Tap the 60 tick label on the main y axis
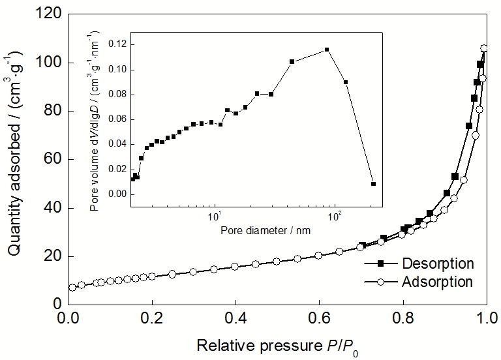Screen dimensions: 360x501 click(53, 159)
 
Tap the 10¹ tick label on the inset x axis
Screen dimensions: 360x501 click(215, 216)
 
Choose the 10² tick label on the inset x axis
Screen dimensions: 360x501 click(335, 216)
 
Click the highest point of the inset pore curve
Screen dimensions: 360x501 click(327, 50)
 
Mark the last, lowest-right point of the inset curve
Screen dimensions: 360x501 click(373, 184)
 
